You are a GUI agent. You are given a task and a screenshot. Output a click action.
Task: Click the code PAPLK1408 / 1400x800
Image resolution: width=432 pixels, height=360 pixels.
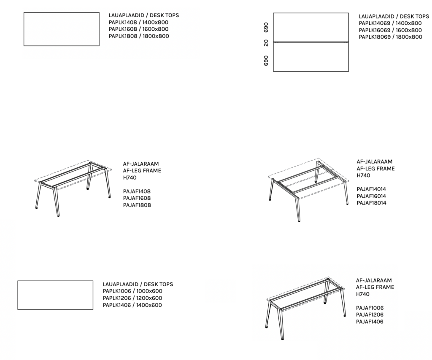click(138, 22)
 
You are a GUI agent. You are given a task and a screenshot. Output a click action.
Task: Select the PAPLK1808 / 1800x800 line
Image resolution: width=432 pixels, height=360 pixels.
click(139, 36)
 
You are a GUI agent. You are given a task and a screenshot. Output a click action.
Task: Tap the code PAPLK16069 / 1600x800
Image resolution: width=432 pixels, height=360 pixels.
click(390, 30)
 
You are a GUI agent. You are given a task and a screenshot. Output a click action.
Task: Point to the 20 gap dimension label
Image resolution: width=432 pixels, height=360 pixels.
click(266, 43)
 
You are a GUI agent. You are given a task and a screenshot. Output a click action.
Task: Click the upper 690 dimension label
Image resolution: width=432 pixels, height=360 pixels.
click(266, 27)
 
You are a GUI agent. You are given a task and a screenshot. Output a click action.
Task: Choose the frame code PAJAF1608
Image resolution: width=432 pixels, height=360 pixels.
click(137, 198)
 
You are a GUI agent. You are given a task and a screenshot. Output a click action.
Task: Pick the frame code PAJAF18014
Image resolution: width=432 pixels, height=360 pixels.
click(371, 203)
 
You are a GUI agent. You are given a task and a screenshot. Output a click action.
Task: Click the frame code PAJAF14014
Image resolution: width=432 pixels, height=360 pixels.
click(371, 189)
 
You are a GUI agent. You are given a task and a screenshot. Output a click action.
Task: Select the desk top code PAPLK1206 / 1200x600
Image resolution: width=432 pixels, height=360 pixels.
click(132, 298)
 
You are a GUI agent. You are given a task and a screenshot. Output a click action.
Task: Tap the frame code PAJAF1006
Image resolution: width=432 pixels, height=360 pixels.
click(370, 308)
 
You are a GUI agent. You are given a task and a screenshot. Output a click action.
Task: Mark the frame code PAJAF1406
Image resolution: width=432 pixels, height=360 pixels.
click(370, 322)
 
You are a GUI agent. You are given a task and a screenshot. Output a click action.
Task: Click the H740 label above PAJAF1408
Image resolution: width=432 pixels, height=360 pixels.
click(130, 177)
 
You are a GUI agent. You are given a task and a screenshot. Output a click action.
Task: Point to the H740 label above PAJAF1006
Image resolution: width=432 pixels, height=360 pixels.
click(362, 294)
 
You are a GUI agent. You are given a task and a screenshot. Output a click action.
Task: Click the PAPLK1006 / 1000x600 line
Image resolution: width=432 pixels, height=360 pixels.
click(132, 291)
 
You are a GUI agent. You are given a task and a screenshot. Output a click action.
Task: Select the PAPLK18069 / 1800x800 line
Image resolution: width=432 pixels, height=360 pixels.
click(390, 37)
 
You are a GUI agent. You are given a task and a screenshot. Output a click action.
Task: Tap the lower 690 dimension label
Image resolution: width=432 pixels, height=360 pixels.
click(266, 61)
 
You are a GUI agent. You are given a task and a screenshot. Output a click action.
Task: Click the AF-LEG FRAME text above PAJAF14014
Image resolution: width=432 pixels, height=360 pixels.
click(376, 169)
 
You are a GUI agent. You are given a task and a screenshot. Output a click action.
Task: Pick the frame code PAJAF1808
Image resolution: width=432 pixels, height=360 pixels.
click(137, 205)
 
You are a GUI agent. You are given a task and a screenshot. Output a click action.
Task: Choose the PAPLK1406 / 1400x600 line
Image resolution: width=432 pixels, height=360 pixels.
click(132, 305)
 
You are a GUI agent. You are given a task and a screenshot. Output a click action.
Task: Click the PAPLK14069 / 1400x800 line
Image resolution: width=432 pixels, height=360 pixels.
click(390, 23)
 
